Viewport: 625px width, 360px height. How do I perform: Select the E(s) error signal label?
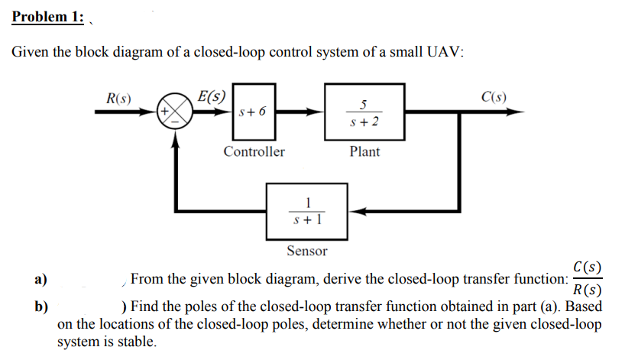pyautogui.click(x=211, y=97)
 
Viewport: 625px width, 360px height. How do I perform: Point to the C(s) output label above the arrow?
pyautogui.click(x=494, y=97)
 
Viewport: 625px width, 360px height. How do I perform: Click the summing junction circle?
pyautogui.click(x=175, y=112)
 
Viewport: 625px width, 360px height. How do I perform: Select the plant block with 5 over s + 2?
pyautogui.click(x=364, y=112)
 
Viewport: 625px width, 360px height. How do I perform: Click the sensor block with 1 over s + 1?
pyautogui.click(x=306, y=209)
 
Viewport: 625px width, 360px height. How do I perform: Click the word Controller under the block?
pyautogui.click(x=254, y=151)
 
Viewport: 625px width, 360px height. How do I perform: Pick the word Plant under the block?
pyautogui.click(x=364, y=151)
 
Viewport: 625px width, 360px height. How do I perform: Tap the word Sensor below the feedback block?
pyautogui.click(x=306, y=251)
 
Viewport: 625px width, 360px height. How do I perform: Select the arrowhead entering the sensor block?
pyautogui.click(x=355, y=210)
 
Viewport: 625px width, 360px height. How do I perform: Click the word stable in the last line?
pyautogui.click(x=137, y=342)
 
